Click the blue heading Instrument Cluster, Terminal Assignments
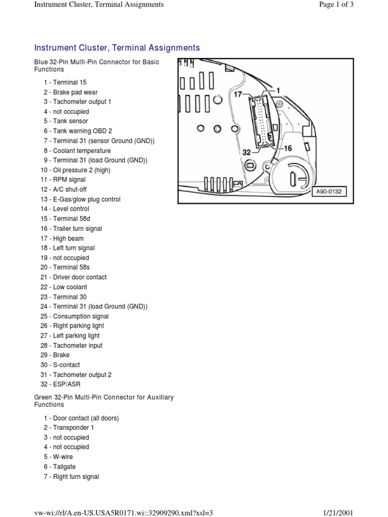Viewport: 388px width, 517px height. tap(117, 48)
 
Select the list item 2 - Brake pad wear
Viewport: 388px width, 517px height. tap(70, 92)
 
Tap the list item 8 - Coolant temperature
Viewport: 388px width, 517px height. tap(77, 150)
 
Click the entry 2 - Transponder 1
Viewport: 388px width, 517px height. tap(69, 428)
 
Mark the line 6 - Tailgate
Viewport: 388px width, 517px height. tap(59, 467)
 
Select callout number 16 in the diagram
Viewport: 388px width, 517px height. tap(287, 148)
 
